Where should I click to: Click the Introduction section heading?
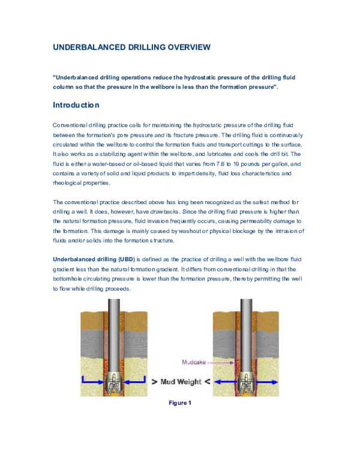click(x=76, y=104)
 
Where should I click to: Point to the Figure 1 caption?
click(x=179, y=404)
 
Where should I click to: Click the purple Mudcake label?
click(x=195, y=363)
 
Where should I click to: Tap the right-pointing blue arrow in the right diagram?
click(x=268, y=380)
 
